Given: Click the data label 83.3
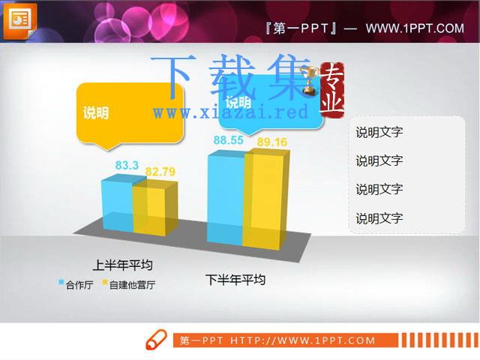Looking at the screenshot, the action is (127, 165).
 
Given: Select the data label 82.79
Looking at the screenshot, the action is (160, 172).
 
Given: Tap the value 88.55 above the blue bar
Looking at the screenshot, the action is (228, 140).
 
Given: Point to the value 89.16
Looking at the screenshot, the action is (272, 142).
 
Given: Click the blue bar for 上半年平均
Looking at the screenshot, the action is (118, 203).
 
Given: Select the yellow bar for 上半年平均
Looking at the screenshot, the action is (155, 208).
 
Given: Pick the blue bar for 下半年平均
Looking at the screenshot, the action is (226, 197).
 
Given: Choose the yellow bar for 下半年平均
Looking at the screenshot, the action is (265, 199).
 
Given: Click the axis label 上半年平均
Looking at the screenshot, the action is (122, 265).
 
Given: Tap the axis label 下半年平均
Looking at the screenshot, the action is (235, 280).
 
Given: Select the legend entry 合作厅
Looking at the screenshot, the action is (76, 285).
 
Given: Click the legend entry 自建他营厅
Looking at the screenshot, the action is (128, 285).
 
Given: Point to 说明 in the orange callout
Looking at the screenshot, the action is (96, 112).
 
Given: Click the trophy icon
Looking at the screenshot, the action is (309, 80).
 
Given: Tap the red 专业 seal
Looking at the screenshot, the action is (332, 89).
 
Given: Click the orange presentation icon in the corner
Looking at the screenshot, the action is (20, 22).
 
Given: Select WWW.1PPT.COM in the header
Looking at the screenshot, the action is (415, 28).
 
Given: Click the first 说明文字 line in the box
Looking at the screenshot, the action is (379, 132).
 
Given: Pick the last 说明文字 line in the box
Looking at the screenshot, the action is (379, 218).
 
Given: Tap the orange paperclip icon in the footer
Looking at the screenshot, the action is (157, 340).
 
